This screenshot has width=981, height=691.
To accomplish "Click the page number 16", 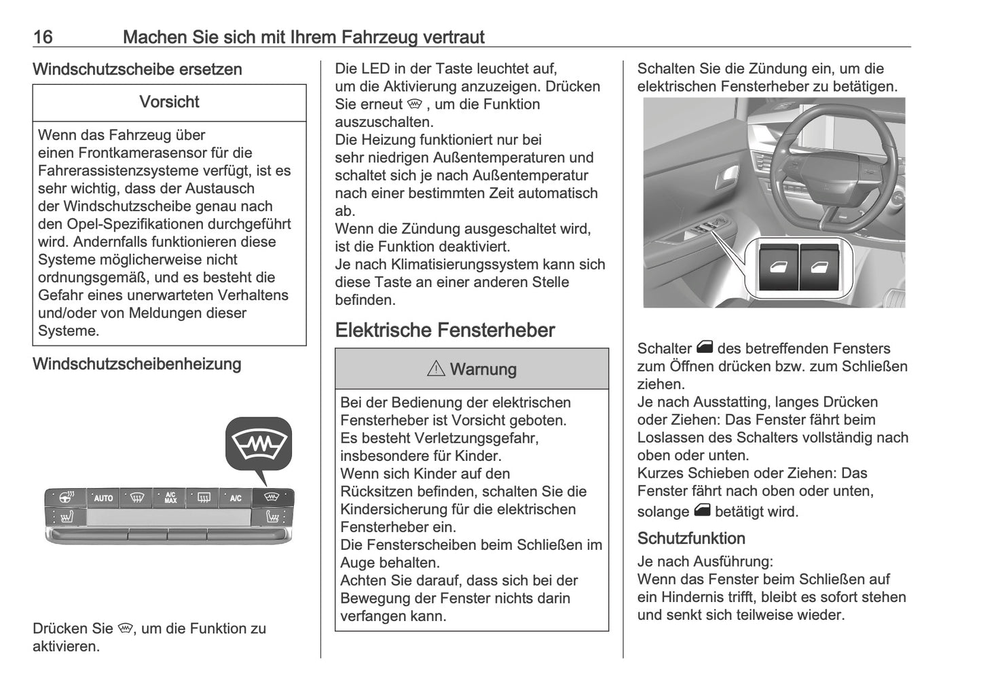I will point(43,37).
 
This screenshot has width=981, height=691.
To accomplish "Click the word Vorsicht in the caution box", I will point(169,102).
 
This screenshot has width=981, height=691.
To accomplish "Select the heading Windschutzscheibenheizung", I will point(136,364).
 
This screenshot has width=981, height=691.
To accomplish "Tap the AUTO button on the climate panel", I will point(103,498).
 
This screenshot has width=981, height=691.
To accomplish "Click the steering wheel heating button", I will point(67,498).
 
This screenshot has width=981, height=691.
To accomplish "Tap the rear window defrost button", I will point(203,498).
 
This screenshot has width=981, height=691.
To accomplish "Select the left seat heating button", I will point(67,518).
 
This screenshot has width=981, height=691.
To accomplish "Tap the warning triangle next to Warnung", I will point(436,369).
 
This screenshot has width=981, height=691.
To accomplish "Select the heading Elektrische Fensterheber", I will point(445,331).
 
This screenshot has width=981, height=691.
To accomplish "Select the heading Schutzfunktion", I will point(691,538).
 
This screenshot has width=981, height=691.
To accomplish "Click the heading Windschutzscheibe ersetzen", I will point(137,69).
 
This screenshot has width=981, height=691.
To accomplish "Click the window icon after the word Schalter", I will point(704,348).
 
